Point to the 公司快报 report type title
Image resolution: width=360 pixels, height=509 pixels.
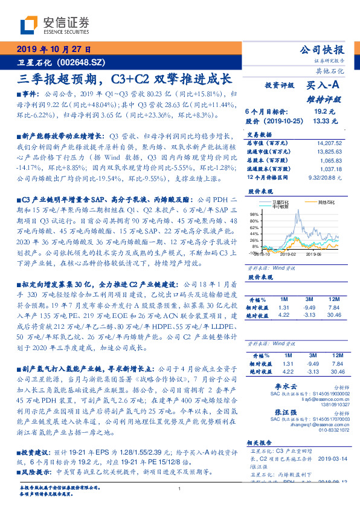coord(322,50)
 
